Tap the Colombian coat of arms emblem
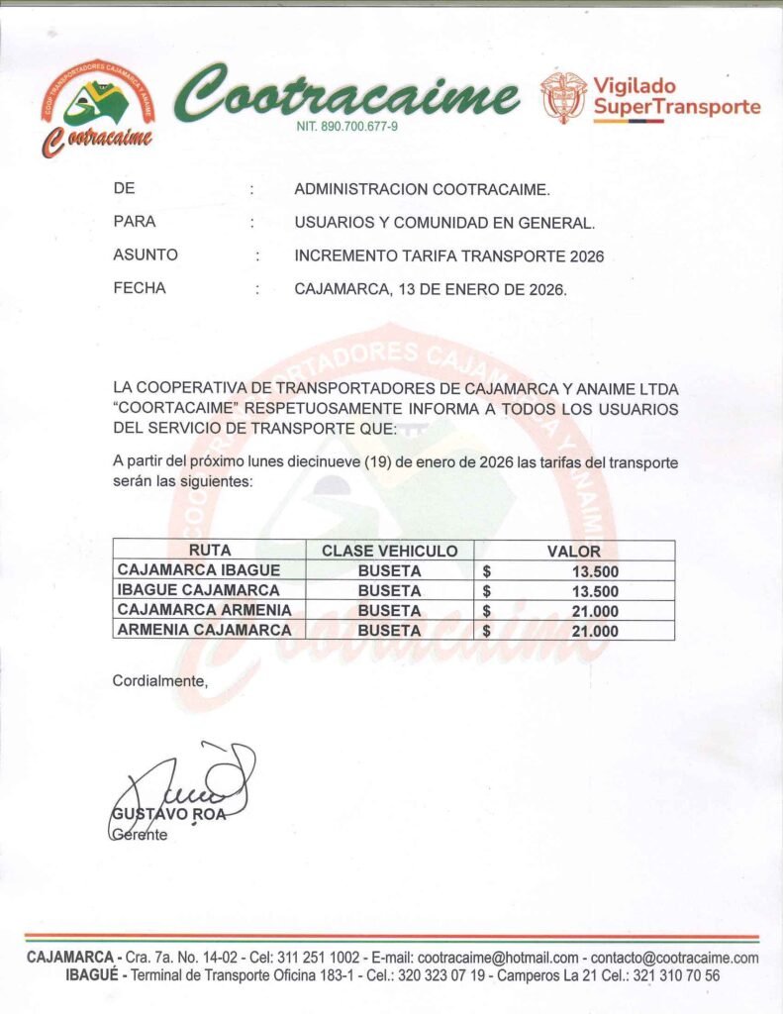(x=563, y=97)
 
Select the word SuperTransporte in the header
(x=677, y=107)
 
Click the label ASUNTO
(x=146, y=255)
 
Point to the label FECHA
(x=140, y=289)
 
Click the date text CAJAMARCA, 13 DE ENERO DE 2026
(x=431, y=290)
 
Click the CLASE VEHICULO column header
(x=390, y=551)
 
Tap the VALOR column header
(x=574, y=551)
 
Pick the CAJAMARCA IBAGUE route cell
(x=199, y=570)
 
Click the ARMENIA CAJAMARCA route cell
(x=204, y=630)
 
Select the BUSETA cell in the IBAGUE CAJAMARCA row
(x=390, y=590)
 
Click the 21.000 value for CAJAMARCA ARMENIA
(x=595, y=611)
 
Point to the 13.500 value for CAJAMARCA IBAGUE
(x=595, y=571)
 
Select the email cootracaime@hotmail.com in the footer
(x=498, y=958)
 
